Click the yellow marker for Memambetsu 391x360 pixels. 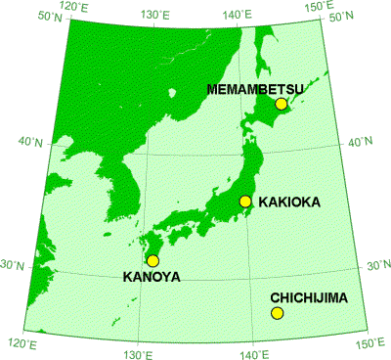point(282,104)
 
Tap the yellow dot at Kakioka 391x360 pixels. point(245,202)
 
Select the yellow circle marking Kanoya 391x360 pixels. point(152,260)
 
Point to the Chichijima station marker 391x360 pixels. point(277,313)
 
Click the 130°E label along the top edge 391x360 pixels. point(155,15)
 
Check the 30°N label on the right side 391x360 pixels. point(378,265)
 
